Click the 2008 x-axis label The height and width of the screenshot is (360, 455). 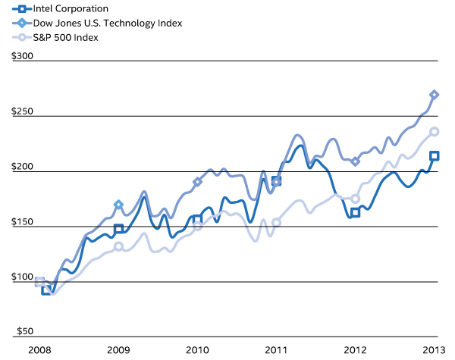(39, 351)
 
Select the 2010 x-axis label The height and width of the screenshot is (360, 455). (197, 351)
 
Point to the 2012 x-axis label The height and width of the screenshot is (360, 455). (355, 351)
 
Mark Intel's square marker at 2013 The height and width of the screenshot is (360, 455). (434, 156)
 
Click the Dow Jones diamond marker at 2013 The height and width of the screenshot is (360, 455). (434, 95)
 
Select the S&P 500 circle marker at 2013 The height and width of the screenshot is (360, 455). (434, 132)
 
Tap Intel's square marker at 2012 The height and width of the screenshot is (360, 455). (355, 212)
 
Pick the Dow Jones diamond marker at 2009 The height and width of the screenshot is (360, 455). (118, 205)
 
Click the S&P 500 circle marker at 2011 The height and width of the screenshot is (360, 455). (276, 222)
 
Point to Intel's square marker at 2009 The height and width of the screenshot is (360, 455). (118, 229)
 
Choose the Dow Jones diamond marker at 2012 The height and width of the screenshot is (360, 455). (355, 161)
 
